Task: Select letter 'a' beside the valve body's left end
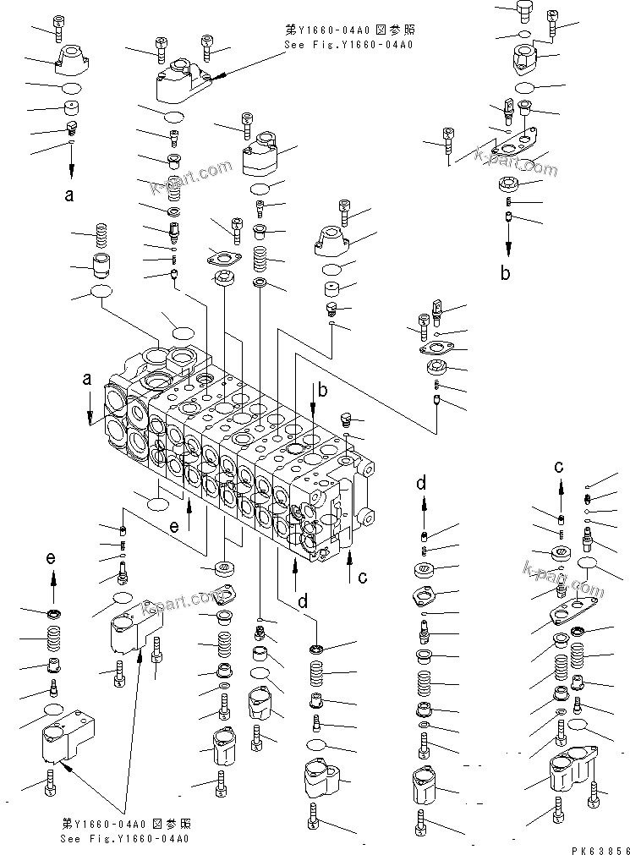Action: pyautogui.click(x=87, y=381)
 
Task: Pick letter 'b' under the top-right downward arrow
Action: pyautogui.click(x=506, y=273)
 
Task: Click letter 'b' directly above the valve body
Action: pyautogui.click(x=321, y=390)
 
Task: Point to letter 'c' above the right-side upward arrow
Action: pyautogui.click(x=559, y=465)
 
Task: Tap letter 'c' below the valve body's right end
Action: pyautogui.click(x=362, y=578)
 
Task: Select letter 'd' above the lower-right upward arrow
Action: pyautogui.click(x=420, y=483)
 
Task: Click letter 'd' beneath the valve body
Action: pyautogui.click(x=303, y=603)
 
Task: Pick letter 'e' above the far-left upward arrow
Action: pyautogui.click(x=51, y=558)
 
